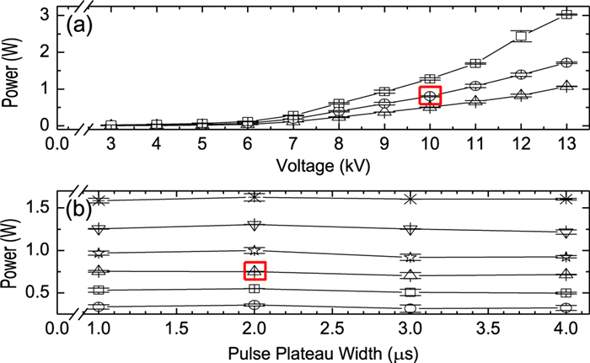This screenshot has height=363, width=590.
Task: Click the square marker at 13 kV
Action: tap(566, 15)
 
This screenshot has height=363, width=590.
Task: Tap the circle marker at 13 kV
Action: tap(566, 62)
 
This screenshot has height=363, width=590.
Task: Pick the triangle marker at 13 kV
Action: tap(566, 85)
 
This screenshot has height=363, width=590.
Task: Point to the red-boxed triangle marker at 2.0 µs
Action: tap(255, 271)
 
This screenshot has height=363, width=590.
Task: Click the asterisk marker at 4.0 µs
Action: tap(566, 199)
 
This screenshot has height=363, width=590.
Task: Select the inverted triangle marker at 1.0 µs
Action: tap(99, 228)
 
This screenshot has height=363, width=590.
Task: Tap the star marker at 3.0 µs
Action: tap(410, 257)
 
